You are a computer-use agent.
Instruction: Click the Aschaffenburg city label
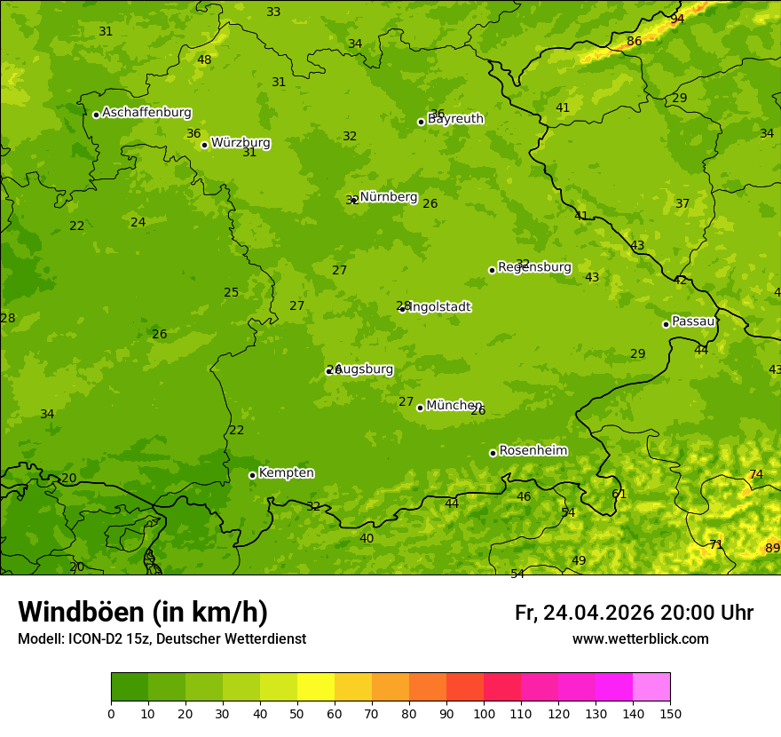pos(146,113)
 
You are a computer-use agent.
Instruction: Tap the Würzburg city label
pos(241,143)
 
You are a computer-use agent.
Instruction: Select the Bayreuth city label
pos(456,118)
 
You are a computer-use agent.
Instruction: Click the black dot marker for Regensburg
pos(492,270)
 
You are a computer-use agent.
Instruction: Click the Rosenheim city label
pos(533,451)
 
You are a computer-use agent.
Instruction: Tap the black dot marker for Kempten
pos(252,475)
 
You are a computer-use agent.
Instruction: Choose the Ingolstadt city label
pos(438,307)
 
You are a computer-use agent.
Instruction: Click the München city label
pos(454,406)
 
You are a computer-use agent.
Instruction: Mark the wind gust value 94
pos(677,19)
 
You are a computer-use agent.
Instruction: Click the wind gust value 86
pos(634,42)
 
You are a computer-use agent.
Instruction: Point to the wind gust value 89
pos(772,549)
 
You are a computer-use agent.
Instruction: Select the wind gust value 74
pos(755,475)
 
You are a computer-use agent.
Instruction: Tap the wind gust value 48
pos(204,60)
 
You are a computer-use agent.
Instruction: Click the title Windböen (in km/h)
pos(143,612)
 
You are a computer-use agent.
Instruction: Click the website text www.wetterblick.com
pos(640,639)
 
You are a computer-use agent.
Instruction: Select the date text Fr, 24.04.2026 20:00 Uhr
pos(634,613)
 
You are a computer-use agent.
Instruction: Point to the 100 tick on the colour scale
pos(484,713)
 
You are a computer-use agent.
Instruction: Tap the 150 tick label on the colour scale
pos(670,713)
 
